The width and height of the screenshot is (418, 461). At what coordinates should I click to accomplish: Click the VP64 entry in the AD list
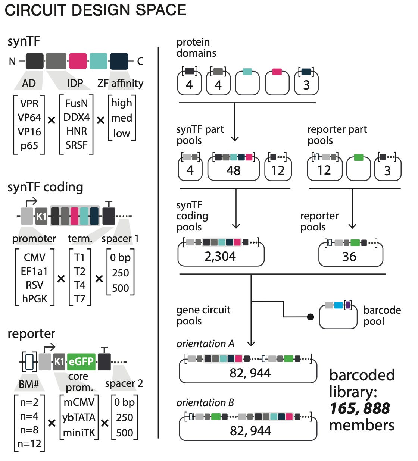click(29, 117)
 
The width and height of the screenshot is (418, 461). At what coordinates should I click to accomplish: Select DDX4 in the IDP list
click(76, 117)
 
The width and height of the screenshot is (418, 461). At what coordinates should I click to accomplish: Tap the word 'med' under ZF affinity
click(122, 118)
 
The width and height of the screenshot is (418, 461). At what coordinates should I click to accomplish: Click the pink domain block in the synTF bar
click(78, 61)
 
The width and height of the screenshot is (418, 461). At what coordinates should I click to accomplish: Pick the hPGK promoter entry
click(35, 299)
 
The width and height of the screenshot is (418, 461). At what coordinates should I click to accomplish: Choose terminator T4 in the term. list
click(79, 285)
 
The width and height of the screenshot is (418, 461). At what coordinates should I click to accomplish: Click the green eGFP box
click(81, 361)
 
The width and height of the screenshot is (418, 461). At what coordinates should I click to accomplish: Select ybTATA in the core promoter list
click(79, 417)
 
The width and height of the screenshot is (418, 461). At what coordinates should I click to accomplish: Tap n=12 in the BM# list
click(29, 444)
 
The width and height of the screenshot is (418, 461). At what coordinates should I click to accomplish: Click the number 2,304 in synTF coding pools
click(220, 256)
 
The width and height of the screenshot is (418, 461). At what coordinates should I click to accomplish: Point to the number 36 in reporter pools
click(349, 257)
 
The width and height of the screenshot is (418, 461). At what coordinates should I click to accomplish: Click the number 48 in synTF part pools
click(233, 170)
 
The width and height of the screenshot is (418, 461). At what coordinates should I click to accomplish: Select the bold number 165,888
click(359, 408)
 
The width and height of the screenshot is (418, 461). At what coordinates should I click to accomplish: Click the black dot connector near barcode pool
click(310, 317)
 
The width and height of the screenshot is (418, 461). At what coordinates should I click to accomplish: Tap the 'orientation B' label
click(205, 403)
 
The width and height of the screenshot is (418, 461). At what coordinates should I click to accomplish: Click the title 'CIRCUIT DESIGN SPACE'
click(96, 10)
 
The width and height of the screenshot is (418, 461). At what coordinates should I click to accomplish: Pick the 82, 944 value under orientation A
click(250, 373)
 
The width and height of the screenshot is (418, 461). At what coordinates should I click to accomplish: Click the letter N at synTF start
click(12, 62)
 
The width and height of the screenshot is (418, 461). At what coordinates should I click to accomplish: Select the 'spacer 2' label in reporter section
click(124, 383)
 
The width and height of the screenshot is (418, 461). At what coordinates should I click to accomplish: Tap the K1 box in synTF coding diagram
click(41, 216)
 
